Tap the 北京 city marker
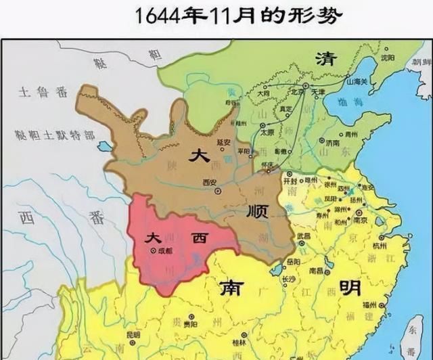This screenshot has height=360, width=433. point(305,86)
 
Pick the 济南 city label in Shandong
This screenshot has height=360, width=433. point(333,143)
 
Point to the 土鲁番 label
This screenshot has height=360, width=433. point(34,90)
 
